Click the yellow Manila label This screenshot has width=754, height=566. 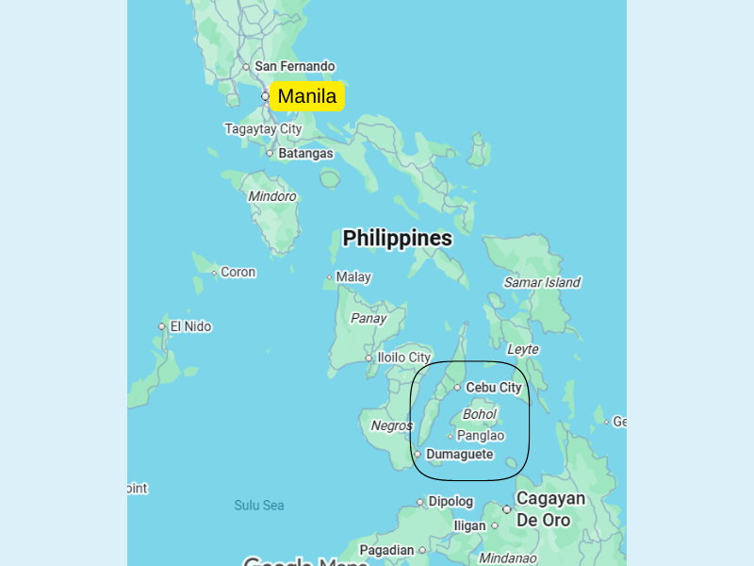[x=307, y=96]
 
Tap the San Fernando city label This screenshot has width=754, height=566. [x=294, y=66]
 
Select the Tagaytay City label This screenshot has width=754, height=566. [x=263, y=129]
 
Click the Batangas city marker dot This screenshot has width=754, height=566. [x=270, y=153]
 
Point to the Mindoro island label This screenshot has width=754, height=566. [x=272, y=196]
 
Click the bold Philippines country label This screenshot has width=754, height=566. [x=397, y=238]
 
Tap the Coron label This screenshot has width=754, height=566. [x=238, y=272]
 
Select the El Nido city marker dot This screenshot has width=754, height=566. [x=162, y=326]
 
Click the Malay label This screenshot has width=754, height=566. [x=353, y=277]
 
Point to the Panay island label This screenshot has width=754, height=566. [x=369, y=318]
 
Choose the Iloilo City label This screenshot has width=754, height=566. [x=403, y=358]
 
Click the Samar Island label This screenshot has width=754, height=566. [x=542, y=282]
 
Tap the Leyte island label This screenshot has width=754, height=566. [x=523, y=349]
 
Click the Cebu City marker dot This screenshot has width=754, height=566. [x=457, y=388]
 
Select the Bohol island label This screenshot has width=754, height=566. [x=480, y=414]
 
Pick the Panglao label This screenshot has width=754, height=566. [x=481, y=436]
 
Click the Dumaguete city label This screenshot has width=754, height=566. [x=459, y=455]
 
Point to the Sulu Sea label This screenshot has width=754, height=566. [x=259, y=506]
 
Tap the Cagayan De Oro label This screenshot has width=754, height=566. [x=550, y=508]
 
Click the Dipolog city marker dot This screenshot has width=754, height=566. [x=420, y=502]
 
